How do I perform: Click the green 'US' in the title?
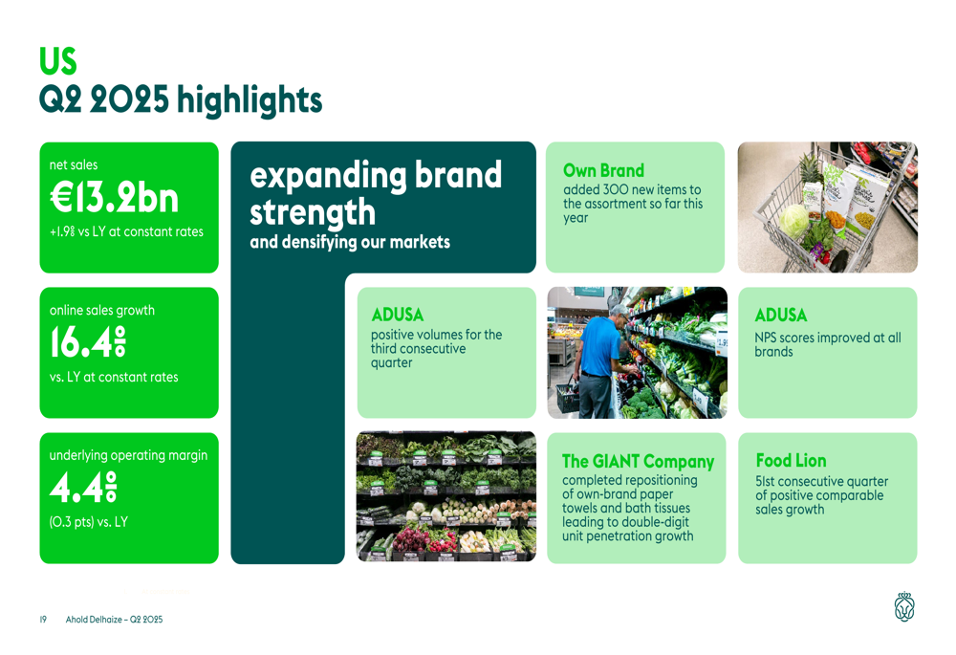click(x=58, y=60)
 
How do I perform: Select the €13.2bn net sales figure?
click(x=114, y=198)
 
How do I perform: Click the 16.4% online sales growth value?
click(x=88, y=341)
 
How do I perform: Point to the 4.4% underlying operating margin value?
click(x=83, y=487)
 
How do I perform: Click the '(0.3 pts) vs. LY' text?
click(x=88, y=522)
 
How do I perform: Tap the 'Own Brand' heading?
click(x=603, y=170)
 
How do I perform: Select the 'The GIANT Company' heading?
click(x=638, y=461)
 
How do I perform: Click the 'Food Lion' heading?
click(x=791, y=461)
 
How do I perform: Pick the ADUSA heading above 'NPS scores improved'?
click(x=780, y=315)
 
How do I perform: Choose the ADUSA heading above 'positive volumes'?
click(x=398, y=315)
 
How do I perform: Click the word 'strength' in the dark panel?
click(x=313, y=211)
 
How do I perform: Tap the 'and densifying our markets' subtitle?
click(x=350, y=242)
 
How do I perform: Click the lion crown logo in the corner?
click(x=904, y=607)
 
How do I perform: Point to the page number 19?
click(x=43, y=620)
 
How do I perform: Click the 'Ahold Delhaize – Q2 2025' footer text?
click(x=114, y=620)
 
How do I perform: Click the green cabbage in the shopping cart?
click(x=793, y=222)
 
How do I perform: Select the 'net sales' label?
click(x=74, y=164)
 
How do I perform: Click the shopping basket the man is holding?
click(x=568, y=397)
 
